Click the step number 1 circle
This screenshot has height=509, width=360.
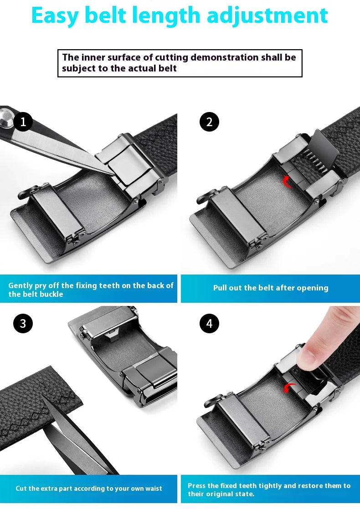click(x=23, y=122)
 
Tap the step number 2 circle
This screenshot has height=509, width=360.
click(x=209, y=122)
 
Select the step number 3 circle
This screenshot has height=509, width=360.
click(x=23, y=324)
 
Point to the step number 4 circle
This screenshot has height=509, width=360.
click(x=209, y=324)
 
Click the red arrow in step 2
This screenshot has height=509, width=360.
click(x=288, y=182)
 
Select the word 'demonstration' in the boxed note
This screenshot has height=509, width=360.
click(x=225, y=57)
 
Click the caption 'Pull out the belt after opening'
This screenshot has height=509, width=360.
click(x=271, y=288)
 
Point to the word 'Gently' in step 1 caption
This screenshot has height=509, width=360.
click(x=21, y=285)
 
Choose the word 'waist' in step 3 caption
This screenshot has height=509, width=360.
click(x=153, y=489)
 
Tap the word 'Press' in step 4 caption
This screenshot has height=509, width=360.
click(x=197, y=486)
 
